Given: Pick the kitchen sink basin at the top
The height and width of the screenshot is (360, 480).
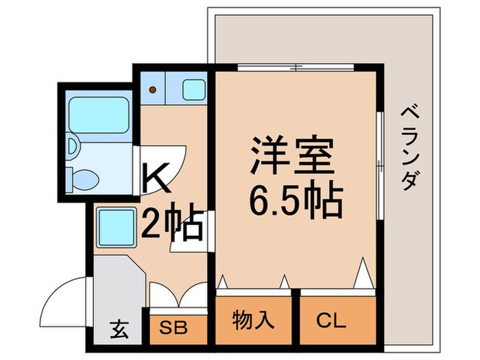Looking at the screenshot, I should click(193, 89).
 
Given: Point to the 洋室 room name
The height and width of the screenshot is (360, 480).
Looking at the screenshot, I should click(293, 156).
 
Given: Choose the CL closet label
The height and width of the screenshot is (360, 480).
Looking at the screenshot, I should click(331, 319).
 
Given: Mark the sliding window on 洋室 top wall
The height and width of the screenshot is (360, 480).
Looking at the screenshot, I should click(296, 67).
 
